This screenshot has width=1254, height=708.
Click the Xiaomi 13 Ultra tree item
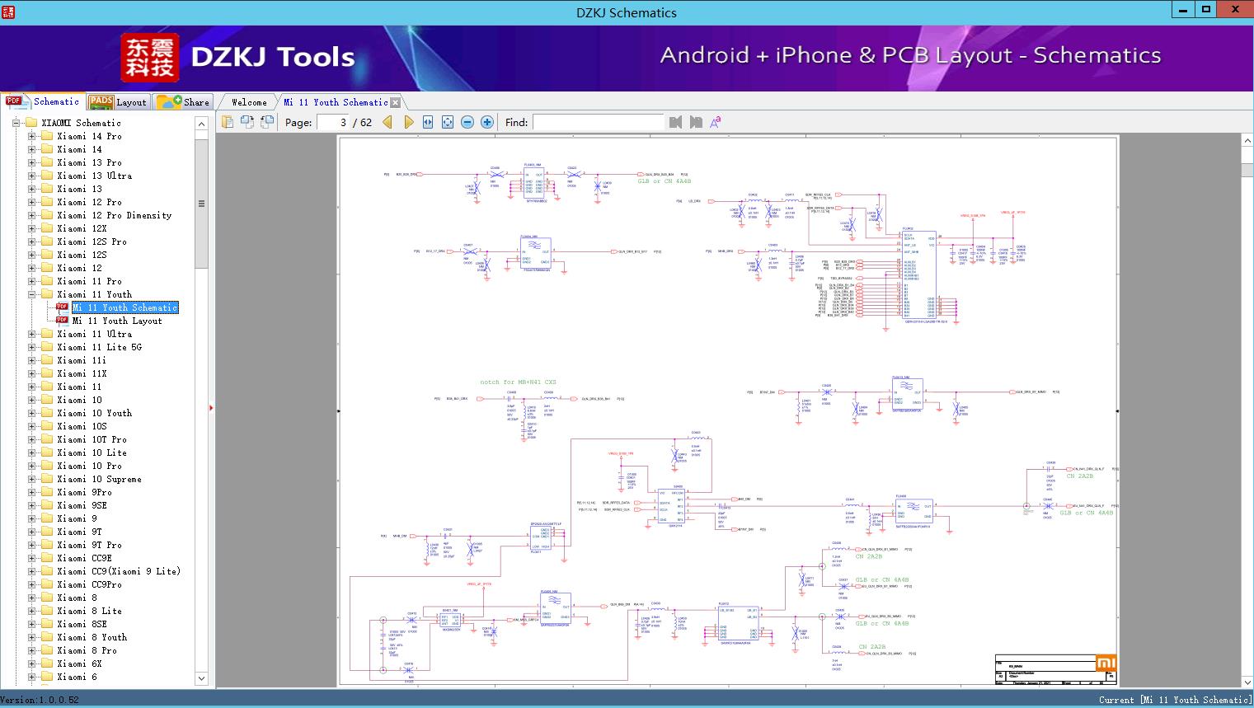click(x=94, y=176)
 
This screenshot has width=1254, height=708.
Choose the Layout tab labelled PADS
click(x=117, y=102)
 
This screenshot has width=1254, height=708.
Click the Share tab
click(x=184, y=102)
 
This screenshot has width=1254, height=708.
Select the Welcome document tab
click(x=249, y=102)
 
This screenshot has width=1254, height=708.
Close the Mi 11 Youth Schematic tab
click(x=396, y=102)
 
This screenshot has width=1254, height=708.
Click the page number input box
click(x=332, y=122)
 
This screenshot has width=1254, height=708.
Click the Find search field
click(x=598, y=122)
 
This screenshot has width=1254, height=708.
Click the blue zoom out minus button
click(x=467, y=122)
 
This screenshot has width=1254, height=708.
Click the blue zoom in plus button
click(x=487, y=122)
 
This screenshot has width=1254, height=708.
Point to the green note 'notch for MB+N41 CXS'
click(x=518, y=382)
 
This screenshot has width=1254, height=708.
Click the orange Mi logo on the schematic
click(x=1106, y=663)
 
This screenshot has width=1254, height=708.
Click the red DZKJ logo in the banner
click(x=149, y=58)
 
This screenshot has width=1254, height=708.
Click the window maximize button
click(x=1206, y=10)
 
